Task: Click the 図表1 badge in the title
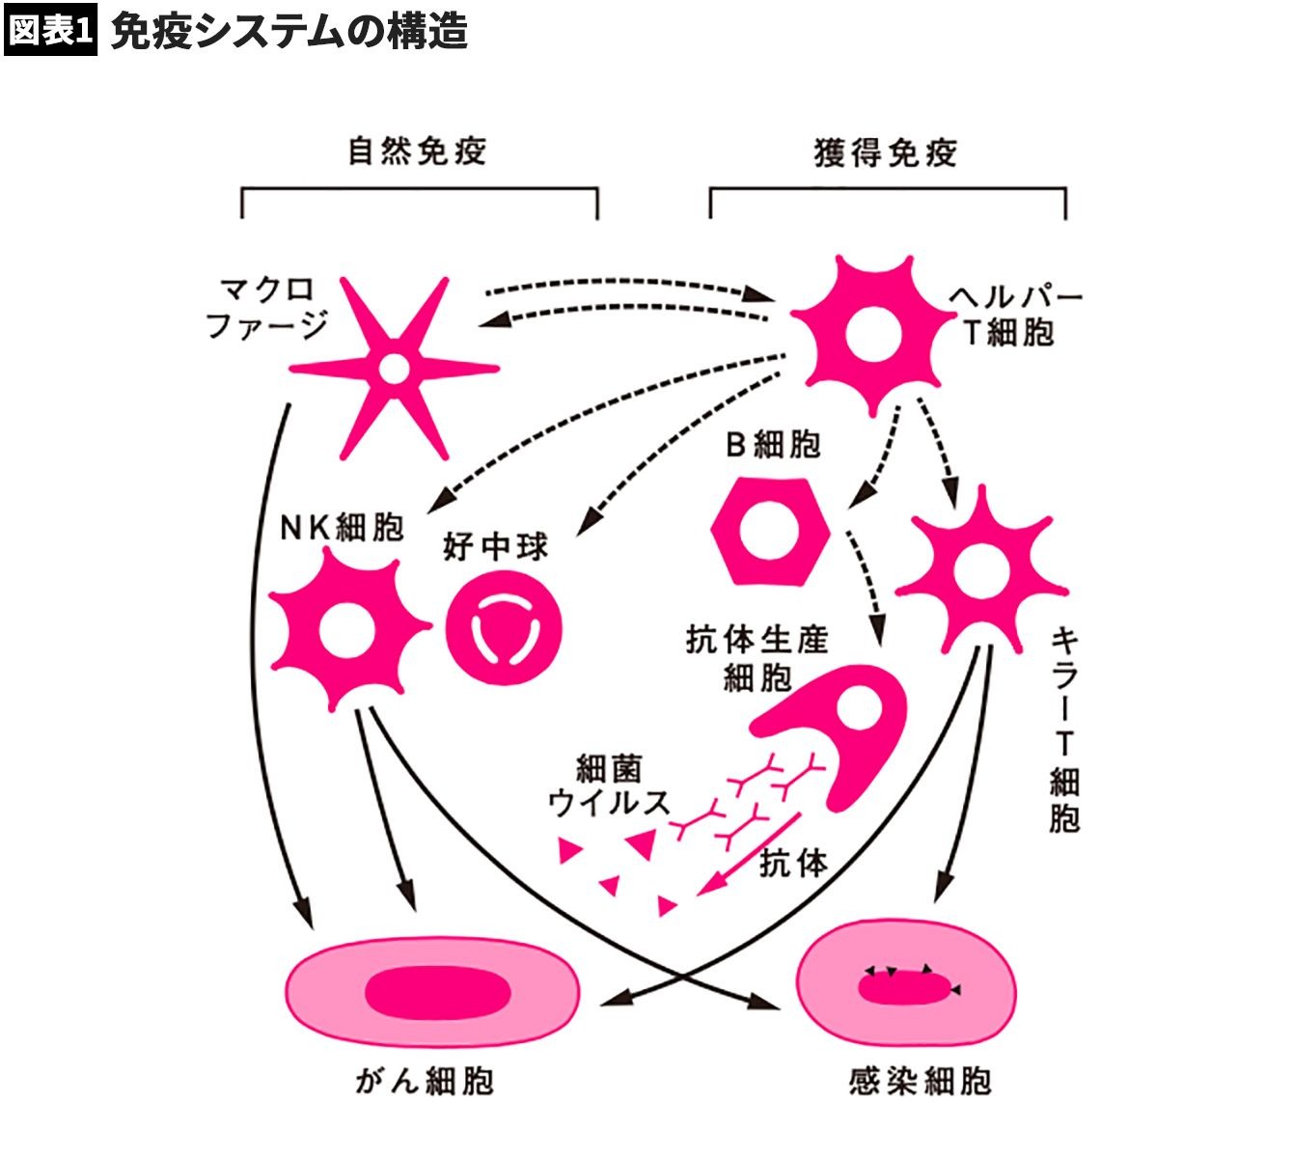(x=50, y=30)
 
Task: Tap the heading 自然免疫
(x=417, y=152)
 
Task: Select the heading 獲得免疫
(x=886, y=153)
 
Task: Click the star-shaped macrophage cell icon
(x=394, y=368)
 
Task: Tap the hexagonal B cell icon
(x=769, y=531)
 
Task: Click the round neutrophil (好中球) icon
(x=505, y=630)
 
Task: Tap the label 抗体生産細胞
(x=757, y=658)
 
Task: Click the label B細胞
(x=772, y=445)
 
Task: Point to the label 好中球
(x=496, y=547)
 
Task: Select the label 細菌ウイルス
(x=609, y=786)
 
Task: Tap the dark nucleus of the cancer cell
(x=437, y=991)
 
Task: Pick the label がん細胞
(x=425, y=1081)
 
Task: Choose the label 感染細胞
(x=920, y=1081)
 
